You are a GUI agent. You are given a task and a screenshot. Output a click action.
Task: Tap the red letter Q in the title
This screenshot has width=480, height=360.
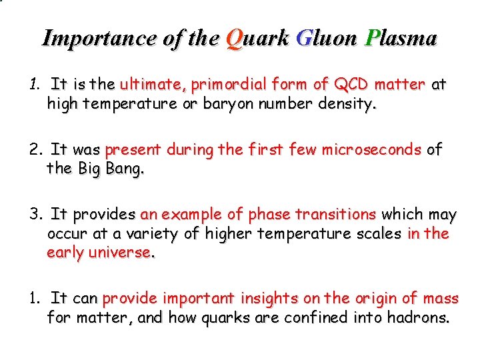[235, 39]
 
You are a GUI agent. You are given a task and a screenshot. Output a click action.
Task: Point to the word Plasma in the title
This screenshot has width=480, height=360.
[402, 38]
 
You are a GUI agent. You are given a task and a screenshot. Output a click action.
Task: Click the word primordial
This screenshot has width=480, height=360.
[229, 85]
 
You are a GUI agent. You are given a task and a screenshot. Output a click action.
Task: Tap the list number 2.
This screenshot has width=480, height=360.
[35, 150]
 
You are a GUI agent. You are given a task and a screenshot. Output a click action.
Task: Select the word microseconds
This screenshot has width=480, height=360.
[371, 150]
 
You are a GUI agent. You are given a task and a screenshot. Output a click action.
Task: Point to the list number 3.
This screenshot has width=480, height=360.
[35, 215]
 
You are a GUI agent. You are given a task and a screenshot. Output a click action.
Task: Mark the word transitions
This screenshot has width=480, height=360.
[336, 215]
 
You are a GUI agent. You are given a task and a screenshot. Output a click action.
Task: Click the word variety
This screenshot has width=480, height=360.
[155, 234]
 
